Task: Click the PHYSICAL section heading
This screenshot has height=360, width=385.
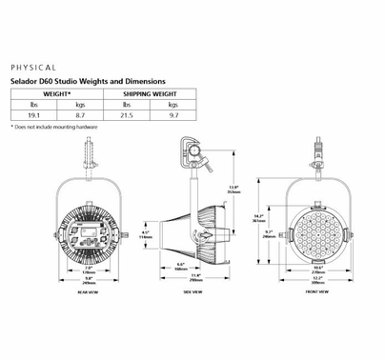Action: coord(33,70)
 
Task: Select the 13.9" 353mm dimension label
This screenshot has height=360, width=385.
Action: coord(248,188)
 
